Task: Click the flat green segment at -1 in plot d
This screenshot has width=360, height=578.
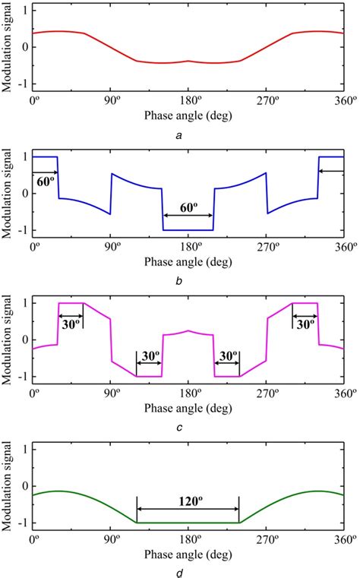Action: pyautogui.click(x=188, y=523)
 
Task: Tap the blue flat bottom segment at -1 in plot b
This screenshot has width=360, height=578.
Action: pyautogui.click(x=188, y=229)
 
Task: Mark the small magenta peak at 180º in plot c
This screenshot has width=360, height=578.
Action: pyautogui.click(x=188, y=331)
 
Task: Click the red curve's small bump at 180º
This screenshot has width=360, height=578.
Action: pyautogui.click(x=188, y=61)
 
